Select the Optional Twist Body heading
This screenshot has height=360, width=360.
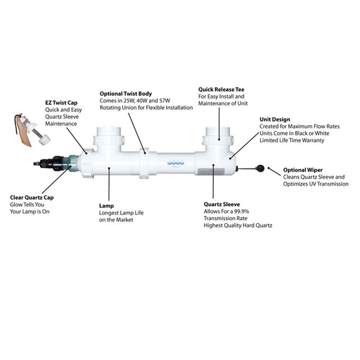[x=126, y=94]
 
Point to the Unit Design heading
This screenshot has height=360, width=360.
[x=275, y=120]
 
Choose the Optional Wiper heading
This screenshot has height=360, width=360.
[x=303, y=170]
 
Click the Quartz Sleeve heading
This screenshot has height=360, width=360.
[x=222, y=204]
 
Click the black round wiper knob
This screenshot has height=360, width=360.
[x=260, y=168]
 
